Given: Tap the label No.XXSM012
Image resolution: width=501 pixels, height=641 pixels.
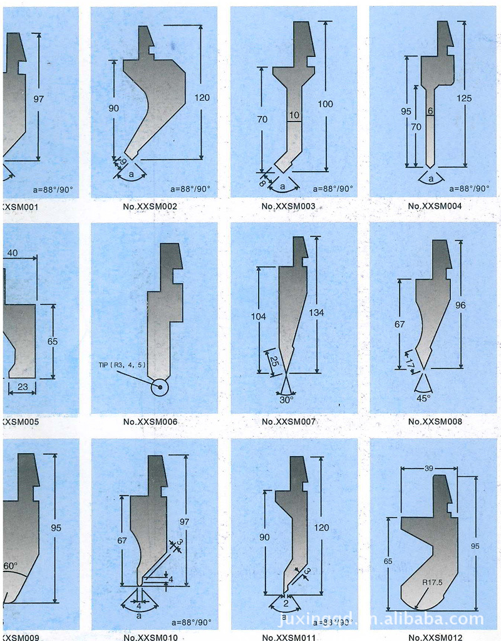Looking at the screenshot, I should click(x=435, y=637).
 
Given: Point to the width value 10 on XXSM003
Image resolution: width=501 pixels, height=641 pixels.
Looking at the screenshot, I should click(x=294, y=115).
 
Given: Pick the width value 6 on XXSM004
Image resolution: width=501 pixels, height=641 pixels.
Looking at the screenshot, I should click(x=430, y=111).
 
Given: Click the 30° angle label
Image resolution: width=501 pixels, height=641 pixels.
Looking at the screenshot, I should click(x=286, y=399).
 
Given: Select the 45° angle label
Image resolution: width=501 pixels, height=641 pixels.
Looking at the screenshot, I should click(x=425, y=397).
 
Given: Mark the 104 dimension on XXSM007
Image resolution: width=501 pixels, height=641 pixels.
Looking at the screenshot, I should click(x=258, y=316).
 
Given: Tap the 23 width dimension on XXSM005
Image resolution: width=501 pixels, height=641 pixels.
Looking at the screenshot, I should click(x=23, y=387).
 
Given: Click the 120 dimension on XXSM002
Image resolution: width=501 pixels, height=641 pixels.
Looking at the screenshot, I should click(x=202, y=98).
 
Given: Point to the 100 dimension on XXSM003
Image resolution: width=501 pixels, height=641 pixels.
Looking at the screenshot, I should click(x=326, y=103).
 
